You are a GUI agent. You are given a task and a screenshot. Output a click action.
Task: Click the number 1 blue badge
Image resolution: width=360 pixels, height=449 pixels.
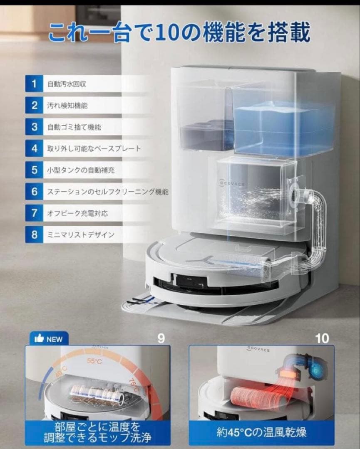tap(34, 84)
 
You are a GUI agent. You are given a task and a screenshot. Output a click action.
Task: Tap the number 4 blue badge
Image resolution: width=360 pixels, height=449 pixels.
tap(34, 148)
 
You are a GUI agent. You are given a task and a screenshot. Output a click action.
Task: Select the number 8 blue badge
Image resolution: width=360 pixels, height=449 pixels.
tap(34, 234)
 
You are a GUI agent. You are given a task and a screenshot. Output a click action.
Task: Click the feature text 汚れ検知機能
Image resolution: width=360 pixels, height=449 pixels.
tap(67, 106)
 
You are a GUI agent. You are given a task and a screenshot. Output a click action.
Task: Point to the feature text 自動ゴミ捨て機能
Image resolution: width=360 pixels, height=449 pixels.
tap(74, 127)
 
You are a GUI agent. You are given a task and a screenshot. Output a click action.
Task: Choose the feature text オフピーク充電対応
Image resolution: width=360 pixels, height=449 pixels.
tap(77, 213)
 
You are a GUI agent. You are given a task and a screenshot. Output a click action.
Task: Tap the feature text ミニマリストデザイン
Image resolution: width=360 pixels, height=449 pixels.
tap(81, 235)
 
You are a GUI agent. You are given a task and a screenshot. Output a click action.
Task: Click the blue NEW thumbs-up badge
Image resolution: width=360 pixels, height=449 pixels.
tap(49, 339)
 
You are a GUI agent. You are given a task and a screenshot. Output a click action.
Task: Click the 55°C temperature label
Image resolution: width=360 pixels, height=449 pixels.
tap(94, 361)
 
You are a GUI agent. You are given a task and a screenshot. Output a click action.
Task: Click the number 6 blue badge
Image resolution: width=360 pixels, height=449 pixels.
tap(34, 192)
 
